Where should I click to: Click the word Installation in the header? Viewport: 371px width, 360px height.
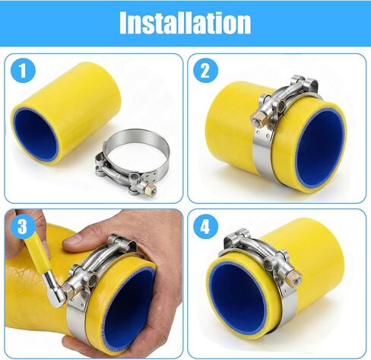pyautogui.click(x=185, y=23)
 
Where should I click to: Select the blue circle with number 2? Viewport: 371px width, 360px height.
pyautogui.click(x=205, y=71)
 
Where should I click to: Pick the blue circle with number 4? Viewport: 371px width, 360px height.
pyautogui.click(x=205, y=227)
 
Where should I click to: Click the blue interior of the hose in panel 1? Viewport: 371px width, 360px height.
pyautogui.click(x=36, y=134)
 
